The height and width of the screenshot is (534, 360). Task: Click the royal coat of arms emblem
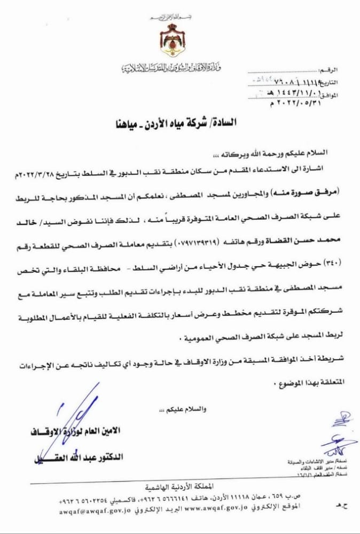coord(172,38)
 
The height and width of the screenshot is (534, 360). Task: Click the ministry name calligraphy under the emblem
coord(171,67)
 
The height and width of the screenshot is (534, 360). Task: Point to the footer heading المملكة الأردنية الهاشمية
coord(177,487)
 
